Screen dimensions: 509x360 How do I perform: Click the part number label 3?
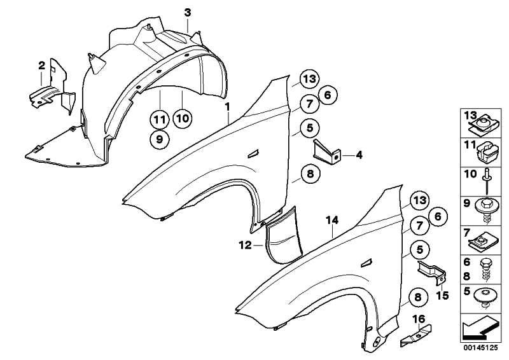coord(188,13)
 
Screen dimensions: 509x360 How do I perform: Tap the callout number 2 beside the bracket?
coord(41,66)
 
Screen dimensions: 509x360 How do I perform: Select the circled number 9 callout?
coord(160,139)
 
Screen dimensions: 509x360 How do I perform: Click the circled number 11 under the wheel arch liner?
coord(160,120)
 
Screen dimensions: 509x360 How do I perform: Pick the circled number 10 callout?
coord(183,118)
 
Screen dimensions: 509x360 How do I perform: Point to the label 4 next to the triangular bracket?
coord(359,155)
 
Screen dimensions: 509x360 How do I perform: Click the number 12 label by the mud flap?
coord(245,245)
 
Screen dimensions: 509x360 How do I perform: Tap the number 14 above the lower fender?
coord(332,221)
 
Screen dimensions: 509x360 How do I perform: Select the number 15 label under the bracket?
coord(442,295)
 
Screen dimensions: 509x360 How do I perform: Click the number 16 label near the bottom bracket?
coord(419,319)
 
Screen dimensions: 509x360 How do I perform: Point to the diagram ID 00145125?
coord(480,348)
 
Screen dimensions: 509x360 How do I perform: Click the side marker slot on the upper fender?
coord(253,154)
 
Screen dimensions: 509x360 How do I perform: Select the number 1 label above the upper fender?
coord(228,106)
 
